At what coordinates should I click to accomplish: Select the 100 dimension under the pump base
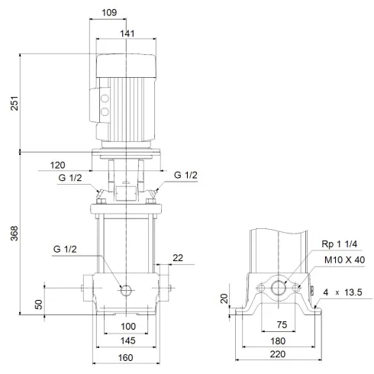[x=127, y=327]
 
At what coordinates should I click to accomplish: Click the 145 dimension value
[x=127, y=340]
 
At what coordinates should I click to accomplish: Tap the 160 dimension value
[x=127, y=358]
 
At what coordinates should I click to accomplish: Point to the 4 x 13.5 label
[x=343, y=292]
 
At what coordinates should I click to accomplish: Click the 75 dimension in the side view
[x=281, y=323]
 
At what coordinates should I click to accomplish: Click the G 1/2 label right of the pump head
[x=185, y=176]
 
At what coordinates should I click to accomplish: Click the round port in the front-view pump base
[x=126, y=291]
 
